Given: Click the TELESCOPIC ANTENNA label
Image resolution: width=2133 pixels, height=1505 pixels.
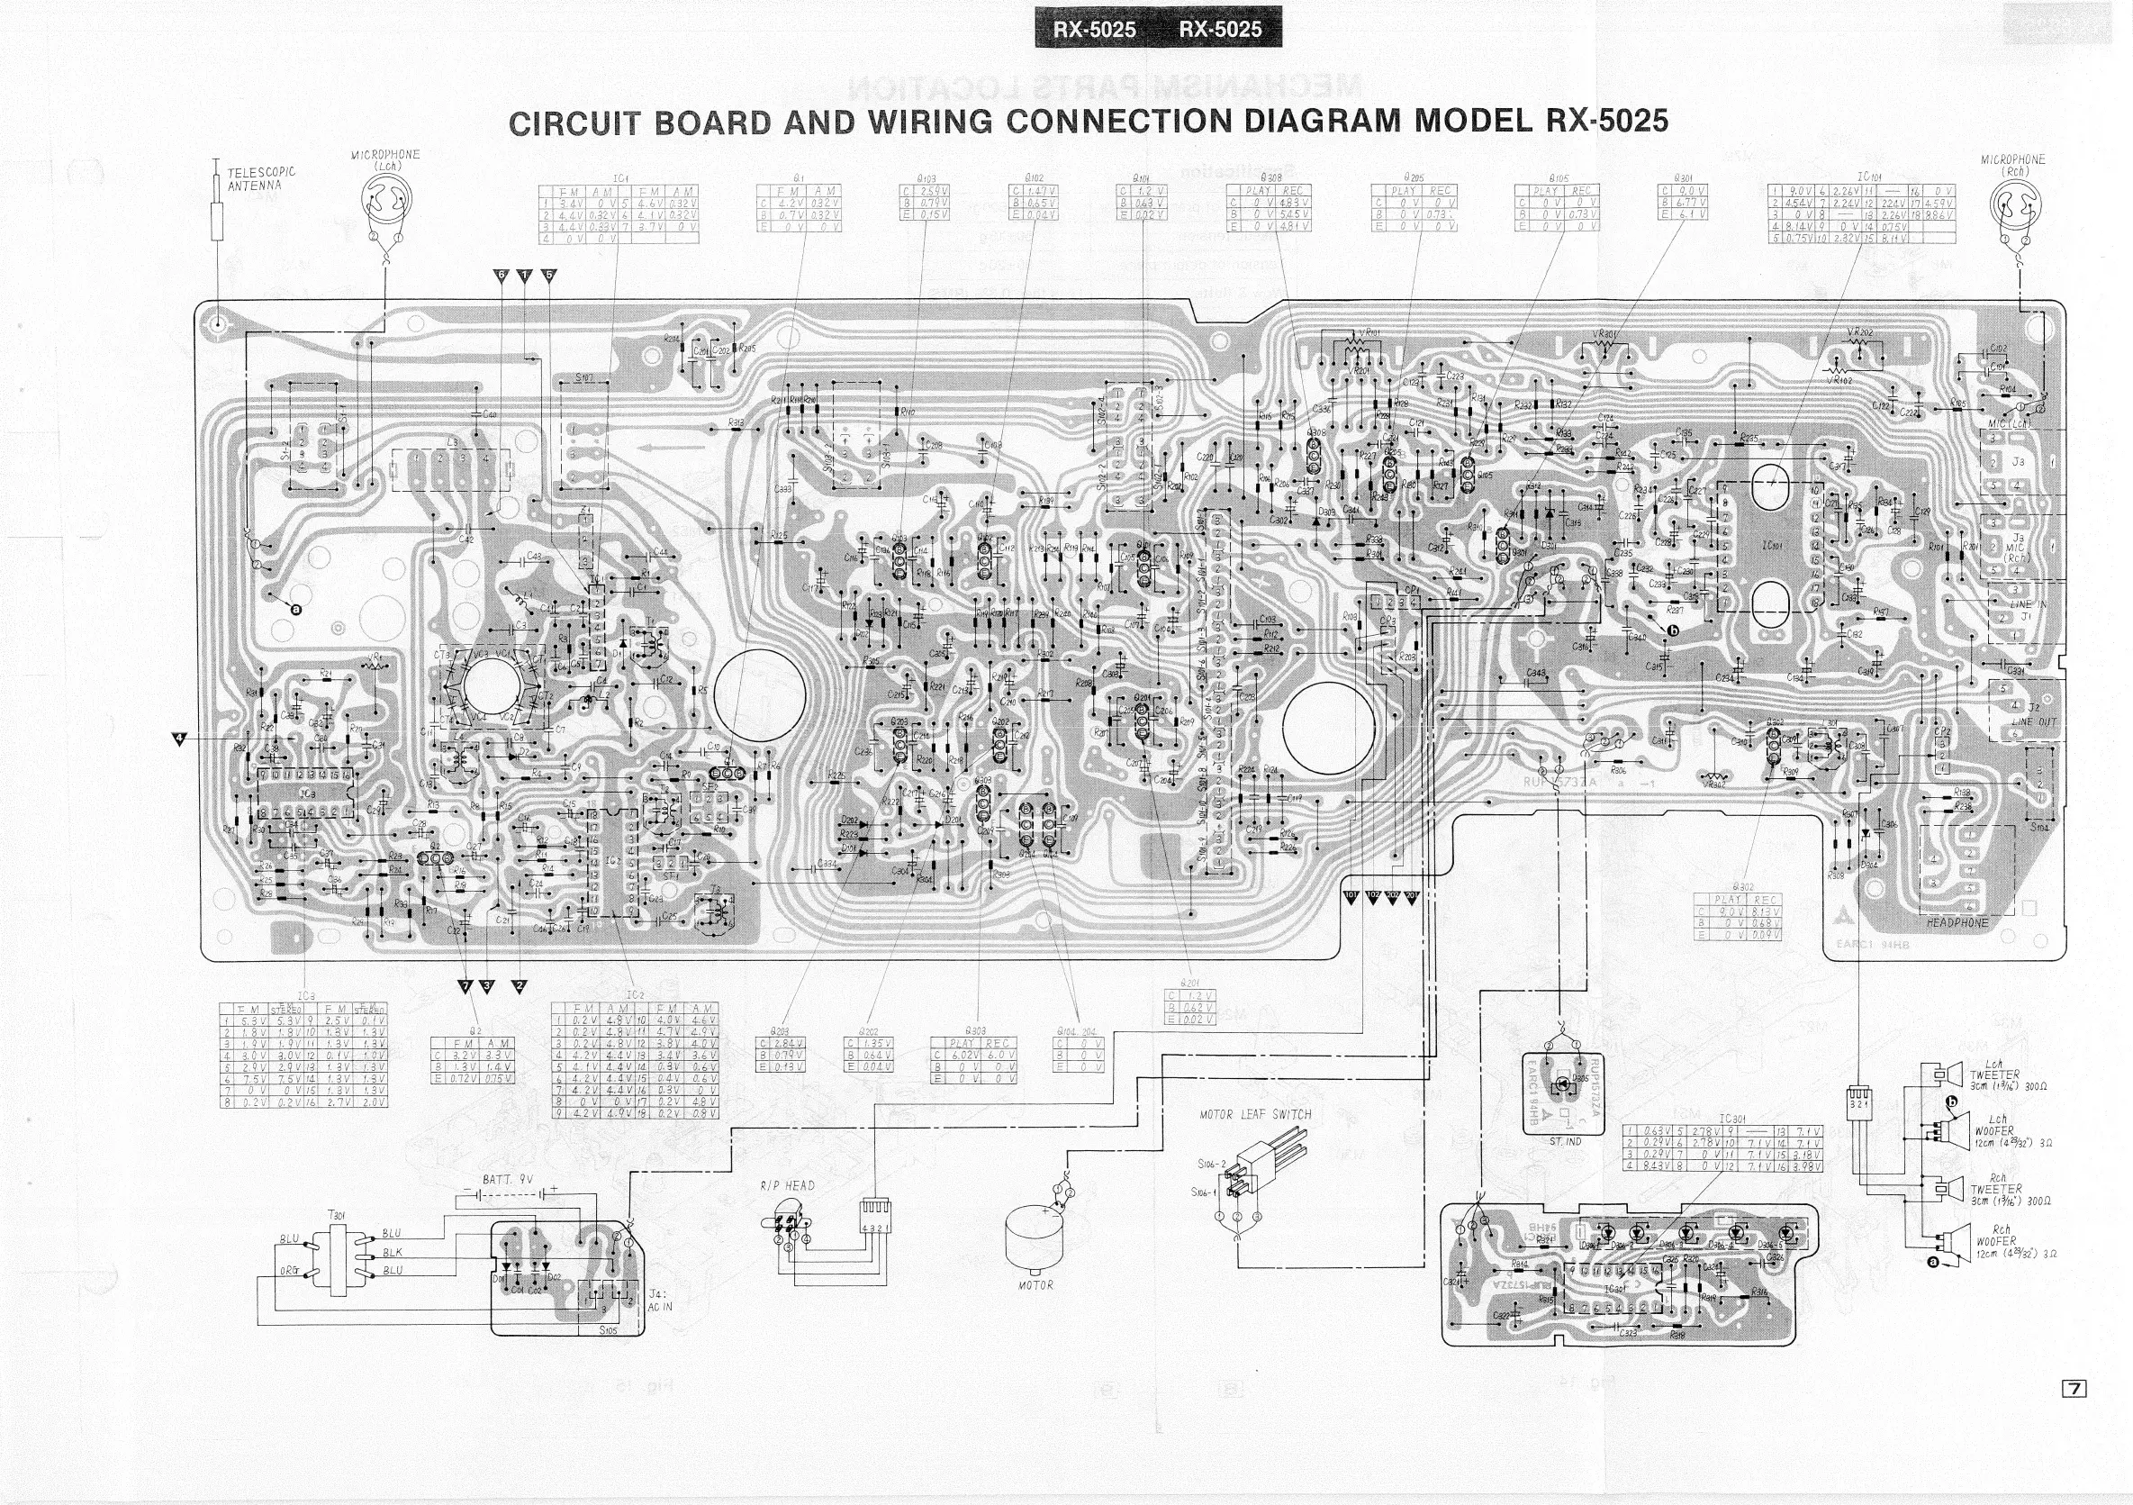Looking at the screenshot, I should tap(261, 178).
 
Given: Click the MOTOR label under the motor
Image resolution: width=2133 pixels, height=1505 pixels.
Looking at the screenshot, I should tap(1035, 1285).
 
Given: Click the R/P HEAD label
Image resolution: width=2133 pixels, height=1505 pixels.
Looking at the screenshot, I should tap(786, 1185).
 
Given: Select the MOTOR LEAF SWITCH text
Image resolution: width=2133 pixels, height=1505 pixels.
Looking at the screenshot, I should tap(1255, 1114).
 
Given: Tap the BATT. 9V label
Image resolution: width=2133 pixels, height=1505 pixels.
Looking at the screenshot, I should tap(507, 1179).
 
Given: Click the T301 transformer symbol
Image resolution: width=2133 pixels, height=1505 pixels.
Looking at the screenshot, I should tap(337, 1256).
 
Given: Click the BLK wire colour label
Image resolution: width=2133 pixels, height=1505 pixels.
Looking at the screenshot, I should tap(392, 1252).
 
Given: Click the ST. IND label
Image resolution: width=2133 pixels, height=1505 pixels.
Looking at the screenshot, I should tap(1566, 1141).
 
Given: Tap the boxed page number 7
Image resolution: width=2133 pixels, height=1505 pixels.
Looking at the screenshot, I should tap(2074, 1415).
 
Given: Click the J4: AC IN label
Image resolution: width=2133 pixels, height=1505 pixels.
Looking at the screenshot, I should tap(660, 1301).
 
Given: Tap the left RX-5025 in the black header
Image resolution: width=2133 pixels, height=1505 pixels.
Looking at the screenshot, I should tap(1094, 30).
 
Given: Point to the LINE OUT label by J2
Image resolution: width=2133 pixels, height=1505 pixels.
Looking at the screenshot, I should tap(2035, 721).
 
